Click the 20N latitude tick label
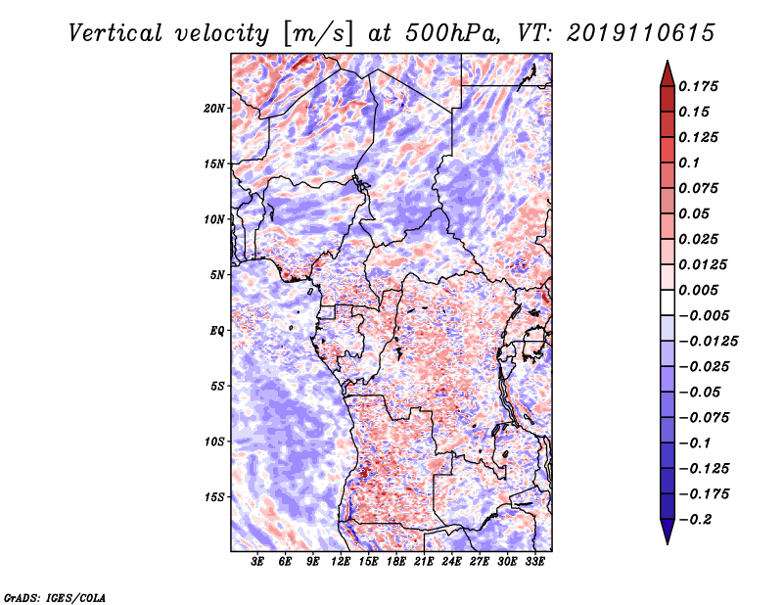pyautogui.click(x=214, y=109)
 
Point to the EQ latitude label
pyautogui.click(x=217, y=331)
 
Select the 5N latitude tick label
pyautogui.click(x=217, y=275)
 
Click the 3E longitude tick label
pyautogui.click(x=257, y=562)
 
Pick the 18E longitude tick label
pyautogui.click(x=396, y=562)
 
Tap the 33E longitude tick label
pyautogui.click(x=534, y=562)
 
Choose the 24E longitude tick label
pyautogui.click(x=451, y=562)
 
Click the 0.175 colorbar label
pyautogui.click(x=698, y=87)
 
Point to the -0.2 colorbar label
pyautogui.click(x=695, y=520)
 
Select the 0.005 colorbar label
pyautogui.click(x=698, y=290)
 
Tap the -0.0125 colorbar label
pyautogui.click(x=708, y=342)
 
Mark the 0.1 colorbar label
pyautogui.click(x=689, y=163)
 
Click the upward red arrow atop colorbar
pyautogui.click(x=668, y=73)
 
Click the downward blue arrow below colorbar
pyautogui.click(x=668, y=532)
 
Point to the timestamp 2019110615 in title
pyautogui.click(x=641, y=33)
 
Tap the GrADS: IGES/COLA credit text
pyautogui.click(x=55, y=598)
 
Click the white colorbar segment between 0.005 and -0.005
pyautogui.click(x=668, y=302)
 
